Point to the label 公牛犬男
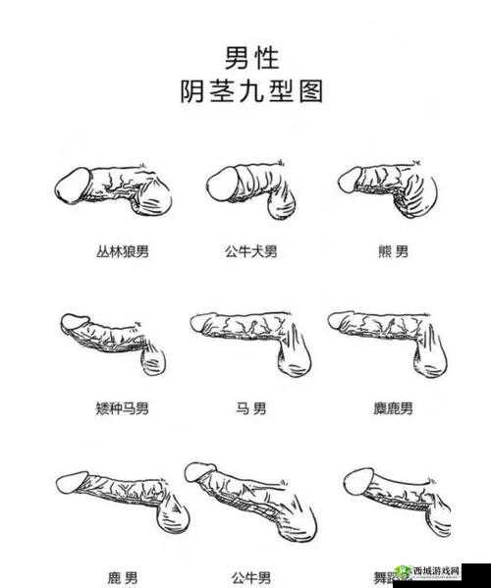coord(250,252)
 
